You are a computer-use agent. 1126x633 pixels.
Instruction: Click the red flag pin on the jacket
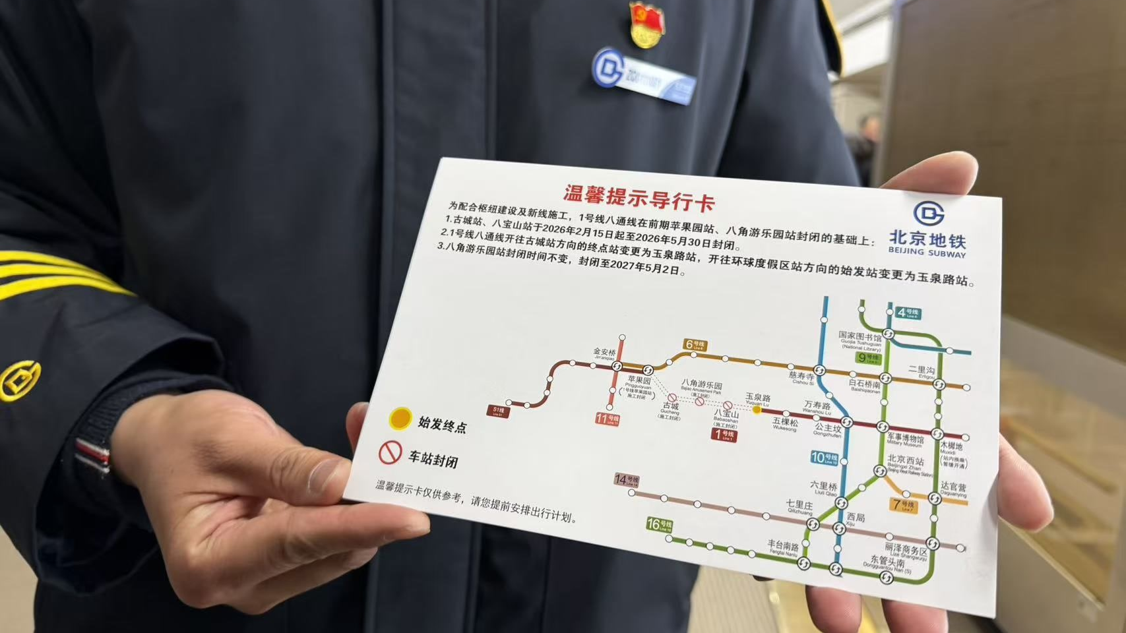(x=646, y=24)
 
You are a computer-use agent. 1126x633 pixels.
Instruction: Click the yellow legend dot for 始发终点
(x=400, y=418)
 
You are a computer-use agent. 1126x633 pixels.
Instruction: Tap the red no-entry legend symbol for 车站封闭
(x=390, y=452)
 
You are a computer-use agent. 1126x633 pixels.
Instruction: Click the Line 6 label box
(x=695, y=344)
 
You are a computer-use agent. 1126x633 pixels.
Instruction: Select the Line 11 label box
(x=607, y=418)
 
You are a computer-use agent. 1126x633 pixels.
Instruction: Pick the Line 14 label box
(x=627, y=480)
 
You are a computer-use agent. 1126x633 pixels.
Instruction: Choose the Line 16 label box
(x=659, y=525)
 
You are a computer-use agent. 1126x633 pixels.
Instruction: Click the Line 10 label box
(x=824, y=458)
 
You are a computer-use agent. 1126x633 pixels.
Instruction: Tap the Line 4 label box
(x=908, y=313)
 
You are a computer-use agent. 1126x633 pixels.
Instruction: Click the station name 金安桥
(x=604, y=352)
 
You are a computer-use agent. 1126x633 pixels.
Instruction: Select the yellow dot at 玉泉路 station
(x=757, y=409)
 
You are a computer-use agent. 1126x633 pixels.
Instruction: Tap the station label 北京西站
(x=906, y=460)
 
